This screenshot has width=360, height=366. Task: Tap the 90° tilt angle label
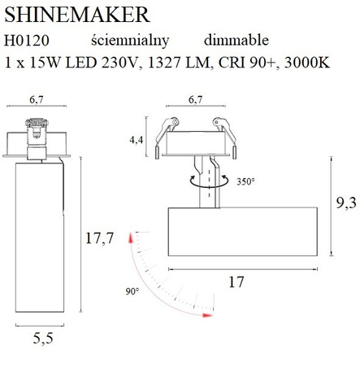pos(133,290)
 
